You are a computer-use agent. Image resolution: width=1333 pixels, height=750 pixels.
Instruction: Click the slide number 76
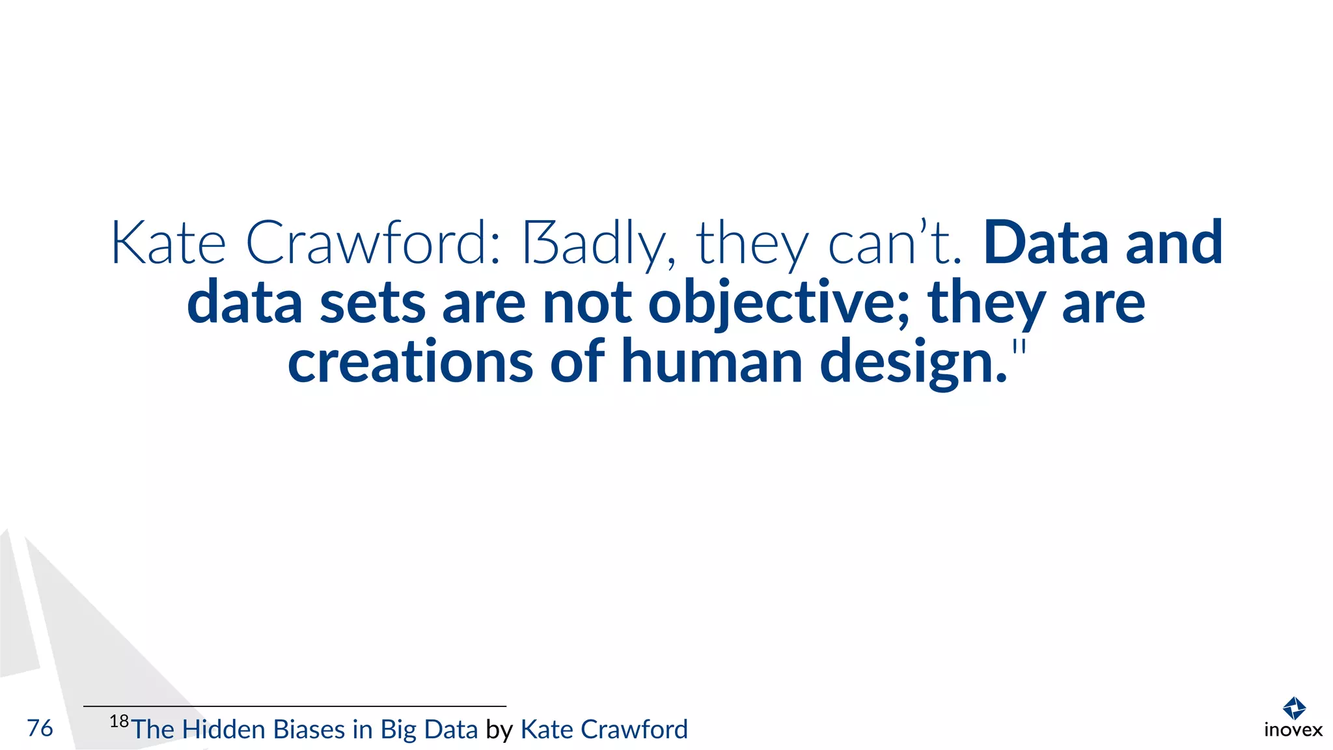pos(40,728)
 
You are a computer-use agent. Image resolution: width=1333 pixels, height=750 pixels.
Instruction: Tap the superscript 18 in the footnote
pos(119,721)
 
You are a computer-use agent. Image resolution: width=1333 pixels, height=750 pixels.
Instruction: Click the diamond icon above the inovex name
pos(1293,708)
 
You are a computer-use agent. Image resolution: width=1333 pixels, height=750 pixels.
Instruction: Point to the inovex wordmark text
pos(1293,730)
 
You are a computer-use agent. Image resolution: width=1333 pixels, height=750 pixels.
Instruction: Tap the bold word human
pos(711,362)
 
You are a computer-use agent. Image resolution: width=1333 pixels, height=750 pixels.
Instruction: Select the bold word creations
pos(410,362)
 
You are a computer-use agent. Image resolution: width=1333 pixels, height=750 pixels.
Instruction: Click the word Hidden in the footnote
pos(223,730)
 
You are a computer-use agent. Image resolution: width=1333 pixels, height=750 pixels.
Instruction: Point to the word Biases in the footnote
pos(309,730)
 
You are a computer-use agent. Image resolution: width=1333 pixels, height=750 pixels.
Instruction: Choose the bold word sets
pos(372,303)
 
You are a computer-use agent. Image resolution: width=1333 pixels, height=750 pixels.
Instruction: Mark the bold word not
pos(586,303)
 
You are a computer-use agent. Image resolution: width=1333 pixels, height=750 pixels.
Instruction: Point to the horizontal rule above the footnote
pos(294,706)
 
